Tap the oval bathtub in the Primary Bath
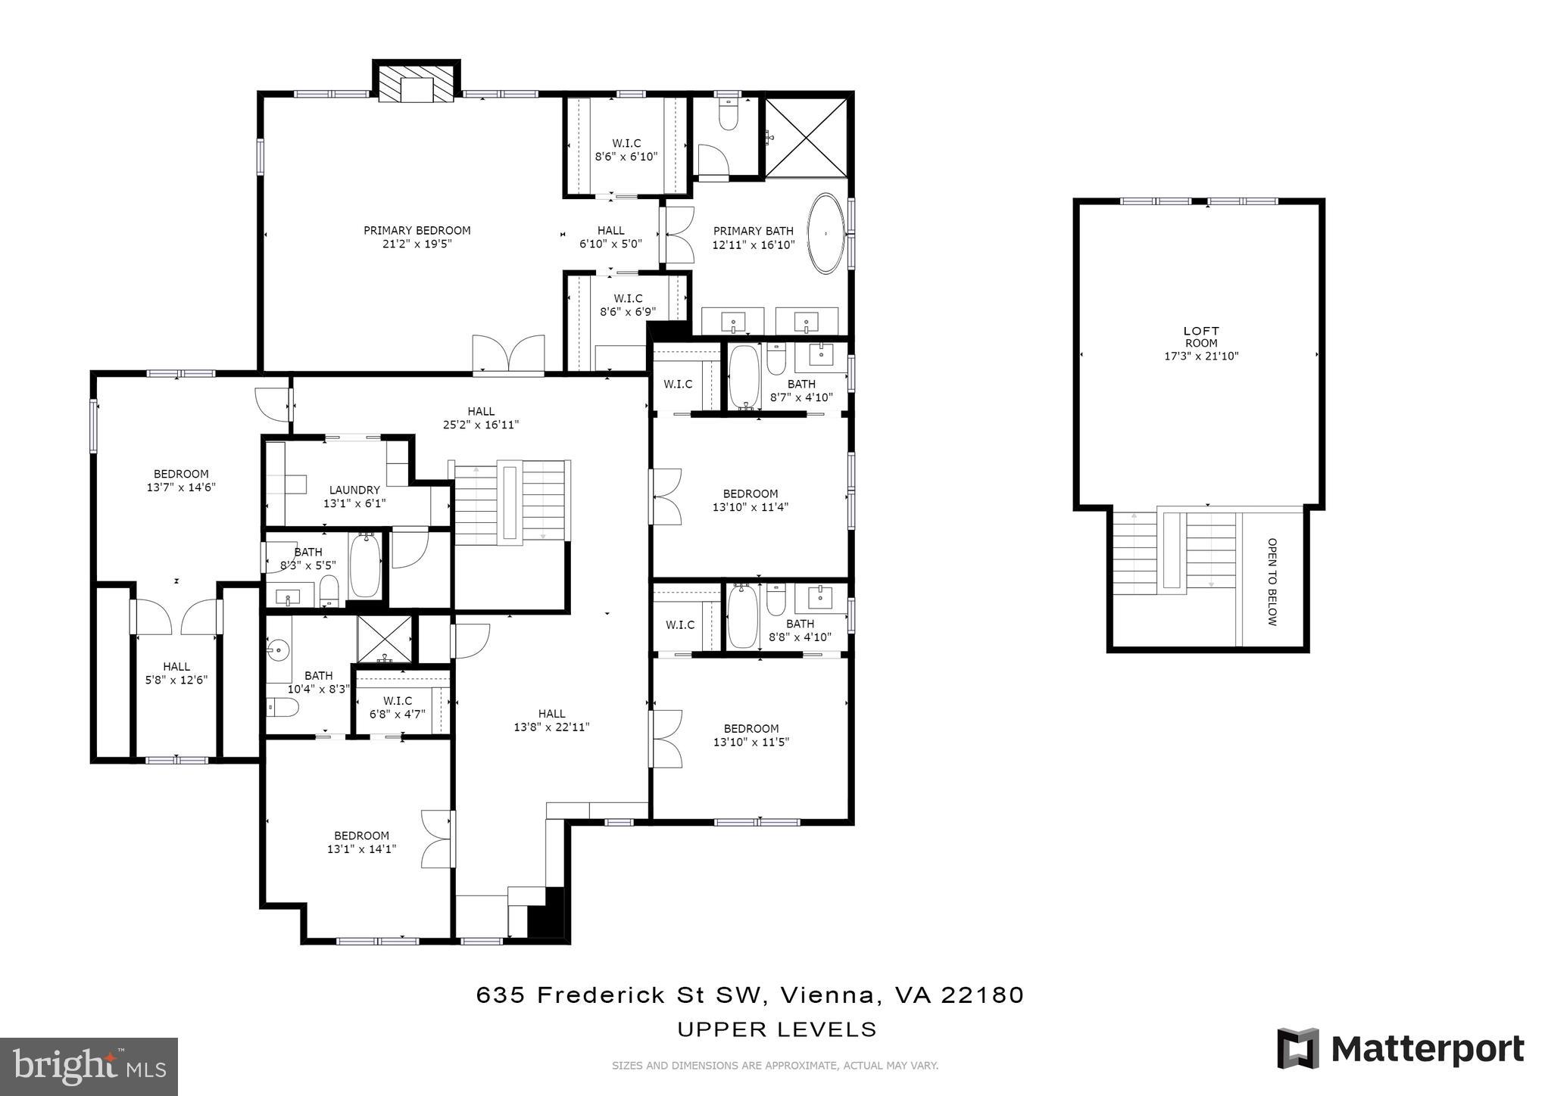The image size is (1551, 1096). pos(825,234)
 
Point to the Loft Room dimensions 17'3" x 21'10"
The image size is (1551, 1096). pos(1201,356)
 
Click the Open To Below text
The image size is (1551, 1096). pos(1272,581)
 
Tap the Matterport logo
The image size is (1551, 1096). pos(1400,1049)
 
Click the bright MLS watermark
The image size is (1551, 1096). pos(89,1066)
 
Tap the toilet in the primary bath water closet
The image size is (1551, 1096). pos(728,118)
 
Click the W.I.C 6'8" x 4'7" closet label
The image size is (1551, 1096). pos(398,707)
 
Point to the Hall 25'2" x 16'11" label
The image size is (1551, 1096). pos(481,418)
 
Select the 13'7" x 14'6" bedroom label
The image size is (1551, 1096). pos(181,481)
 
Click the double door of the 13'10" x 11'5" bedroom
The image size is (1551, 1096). pos(666,738)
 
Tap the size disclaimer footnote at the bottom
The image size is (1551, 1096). pos(775,1066)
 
